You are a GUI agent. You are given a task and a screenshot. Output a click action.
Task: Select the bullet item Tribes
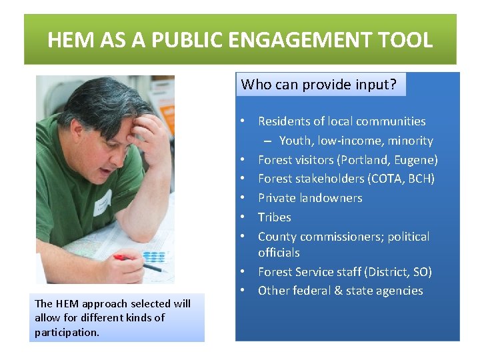275,217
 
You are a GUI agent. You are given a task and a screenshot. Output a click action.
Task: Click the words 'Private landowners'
310,198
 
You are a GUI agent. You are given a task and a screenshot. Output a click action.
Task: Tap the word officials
279,253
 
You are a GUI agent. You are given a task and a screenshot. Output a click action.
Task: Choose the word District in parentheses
386,272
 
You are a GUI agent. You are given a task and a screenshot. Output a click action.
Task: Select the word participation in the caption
67,331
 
